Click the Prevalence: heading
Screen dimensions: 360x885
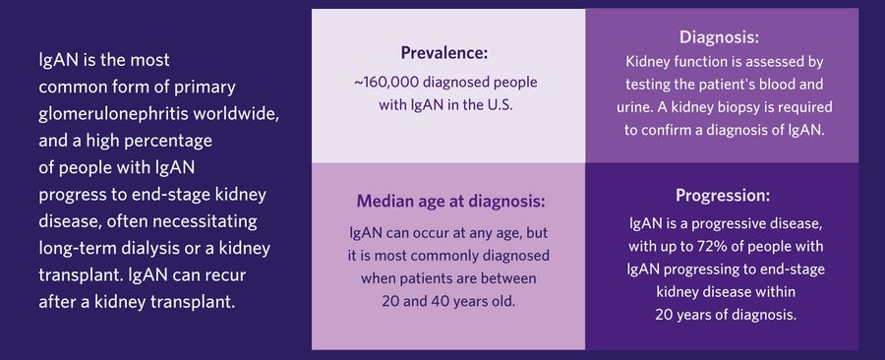tap(444, 52)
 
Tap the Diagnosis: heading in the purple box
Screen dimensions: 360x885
tap(719, 38)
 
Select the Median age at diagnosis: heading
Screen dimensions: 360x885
tap(449, 202)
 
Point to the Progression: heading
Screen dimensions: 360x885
tap(722, 195)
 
